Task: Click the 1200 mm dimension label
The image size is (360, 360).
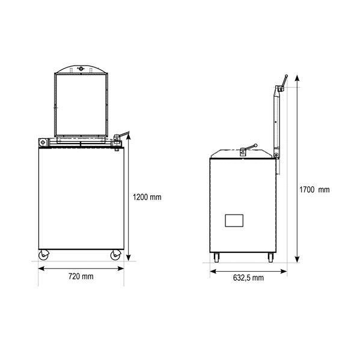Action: (x=147, y=197)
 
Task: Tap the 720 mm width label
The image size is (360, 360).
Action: (x=81, y=276)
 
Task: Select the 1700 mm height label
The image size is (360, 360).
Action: (x=314, y=190)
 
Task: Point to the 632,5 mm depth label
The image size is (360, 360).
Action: (x=248, y=278)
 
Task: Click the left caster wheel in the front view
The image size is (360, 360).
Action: (x=44, y=255)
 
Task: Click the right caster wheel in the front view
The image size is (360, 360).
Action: (x=115, y=255)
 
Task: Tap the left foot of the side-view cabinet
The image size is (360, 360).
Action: (x=216, y=258)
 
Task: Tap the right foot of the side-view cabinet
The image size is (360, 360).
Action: (x=271, y=258)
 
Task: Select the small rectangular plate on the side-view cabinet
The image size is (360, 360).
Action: (x=234, y=221)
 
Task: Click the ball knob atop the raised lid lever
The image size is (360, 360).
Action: (x=286, y=76)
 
